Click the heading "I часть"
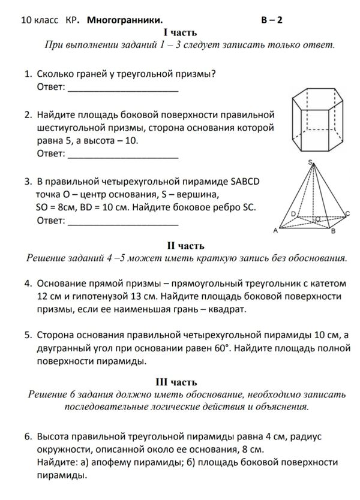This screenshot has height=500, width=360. (180, 32)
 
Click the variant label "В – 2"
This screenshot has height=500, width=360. (272, 20)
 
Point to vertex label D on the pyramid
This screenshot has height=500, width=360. (293, 213)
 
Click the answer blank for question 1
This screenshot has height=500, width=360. (124, 89)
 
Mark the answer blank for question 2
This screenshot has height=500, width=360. (124, 155)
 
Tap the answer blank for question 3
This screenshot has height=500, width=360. (124, 221)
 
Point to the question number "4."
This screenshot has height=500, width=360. (28, 282)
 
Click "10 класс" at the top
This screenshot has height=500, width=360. (40, 20)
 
